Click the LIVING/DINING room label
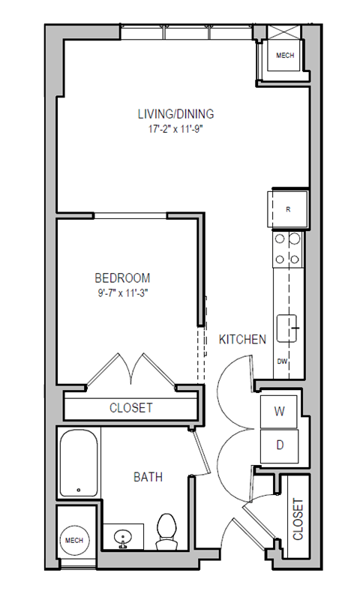point(175,114)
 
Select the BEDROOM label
point(122,277)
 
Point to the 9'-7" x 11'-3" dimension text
point(122,292)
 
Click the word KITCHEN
point(242,340)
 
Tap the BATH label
point(148,477)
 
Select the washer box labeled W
point(279,410)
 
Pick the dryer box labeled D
point(279,445)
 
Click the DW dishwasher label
point(283,361)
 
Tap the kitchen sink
point(288,328)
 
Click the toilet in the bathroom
point(165,530)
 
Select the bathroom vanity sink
point(121,537)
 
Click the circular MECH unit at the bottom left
point(73,540)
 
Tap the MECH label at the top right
point(285,56)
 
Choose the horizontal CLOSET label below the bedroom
point(131,408)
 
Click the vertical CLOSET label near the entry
point(298,520)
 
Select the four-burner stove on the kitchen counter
point(287,249)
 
